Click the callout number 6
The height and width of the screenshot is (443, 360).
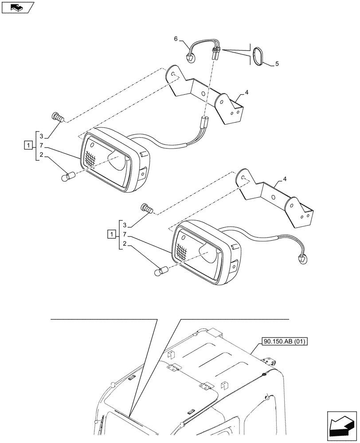pyautogui.click(x=176, y=39)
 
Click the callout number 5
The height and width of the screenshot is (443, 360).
pyautogui.click(x=277, y=64)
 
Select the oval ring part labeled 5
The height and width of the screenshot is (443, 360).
pyautogui.click(x=258, y=57)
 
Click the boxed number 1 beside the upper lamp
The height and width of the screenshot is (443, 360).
pyautogui.click(x=27, y=145)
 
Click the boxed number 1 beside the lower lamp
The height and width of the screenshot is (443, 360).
pyautogui.click(x=112, y=234)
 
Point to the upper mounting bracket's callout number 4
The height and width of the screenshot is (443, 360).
pyautogui.click(x=246, y=93)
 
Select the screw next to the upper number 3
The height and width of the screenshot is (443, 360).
pyautogui.click(x=58, y=117)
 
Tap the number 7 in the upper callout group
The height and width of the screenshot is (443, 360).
pyautogui.click(x=40, y=145)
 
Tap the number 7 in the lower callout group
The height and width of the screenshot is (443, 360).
pyautogui.click(x=125, y=234)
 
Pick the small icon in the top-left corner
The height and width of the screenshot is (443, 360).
pyautogui.click(x=17, y=8)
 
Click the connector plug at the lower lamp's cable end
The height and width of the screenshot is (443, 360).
pyautogui.click(x=303, y=258)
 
